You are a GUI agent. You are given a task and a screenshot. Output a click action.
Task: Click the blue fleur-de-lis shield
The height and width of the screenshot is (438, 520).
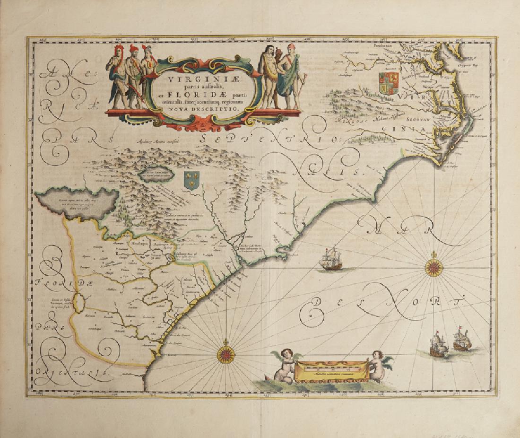(191, 181)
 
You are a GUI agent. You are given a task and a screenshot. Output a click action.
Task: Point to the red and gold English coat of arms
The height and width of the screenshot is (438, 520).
(389, 82)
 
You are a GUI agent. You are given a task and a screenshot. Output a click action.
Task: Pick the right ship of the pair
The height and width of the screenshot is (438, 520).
(461, 339)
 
